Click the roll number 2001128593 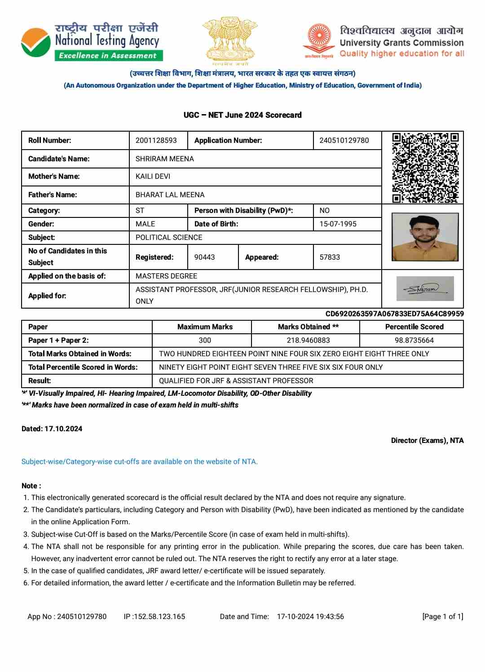(x=156, y=141)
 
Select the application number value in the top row (x=344, y=141)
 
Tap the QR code (x=425, y=168)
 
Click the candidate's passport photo (x=425, y=237)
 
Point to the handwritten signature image (x=425, y=288)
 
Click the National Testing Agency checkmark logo (x=36, y=43)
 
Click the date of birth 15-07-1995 (x=338, y=224)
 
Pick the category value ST (x=140, y=210)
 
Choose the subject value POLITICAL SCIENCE (x=169, y=237)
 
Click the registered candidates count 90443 (x=204, y=257)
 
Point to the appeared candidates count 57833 (x=330, y=257)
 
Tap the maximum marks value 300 (x=205, y=340)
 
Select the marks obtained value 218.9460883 (x=308, y=340)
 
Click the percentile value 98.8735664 (x=414, y=340)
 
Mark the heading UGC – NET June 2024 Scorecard (x=242, y=115)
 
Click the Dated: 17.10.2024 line (x=52, y=429)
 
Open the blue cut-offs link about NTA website (x=140, y=461)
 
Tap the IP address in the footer (x=154, y=616)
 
